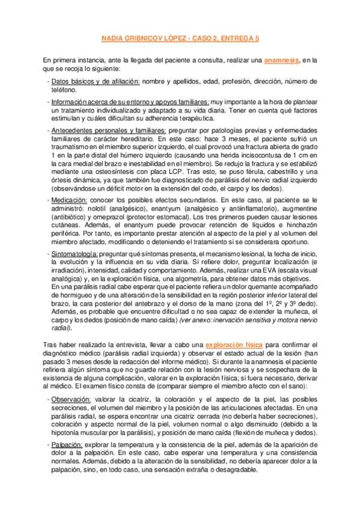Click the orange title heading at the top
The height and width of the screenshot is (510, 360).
click(x=180, y=38)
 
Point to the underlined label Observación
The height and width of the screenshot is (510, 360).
click(x=71, y=400)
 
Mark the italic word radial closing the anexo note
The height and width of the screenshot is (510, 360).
click(x=60, y=328)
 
